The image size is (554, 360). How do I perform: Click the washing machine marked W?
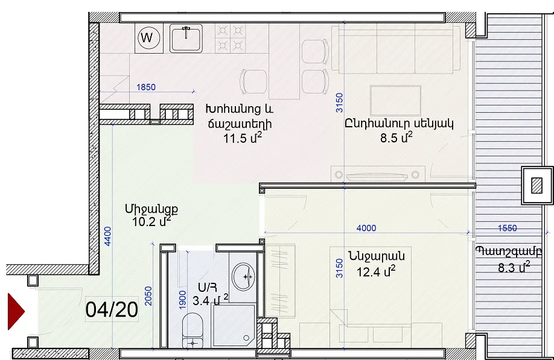click(149, 38)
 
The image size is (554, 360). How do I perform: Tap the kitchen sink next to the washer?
click(186, 38)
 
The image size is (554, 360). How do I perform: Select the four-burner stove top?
click(231, 39)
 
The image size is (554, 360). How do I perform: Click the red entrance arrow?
click(16, 312)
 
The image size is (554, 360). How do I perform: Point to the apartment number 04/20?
click(112, 309)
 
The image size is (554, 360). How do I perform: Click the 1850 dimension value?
click(146, 87)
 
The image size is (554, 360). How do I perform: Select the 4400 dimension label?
click(107, 236)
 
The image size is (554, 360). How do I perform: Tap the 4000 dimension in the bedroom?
click(366, 228)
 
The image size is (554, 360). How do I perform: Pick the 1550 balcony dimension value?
click(508, 228)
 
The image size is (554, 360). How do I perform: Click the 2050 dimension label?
click(148, 296)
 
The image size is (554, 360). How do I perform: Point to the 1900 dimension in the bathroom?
click(182, 300)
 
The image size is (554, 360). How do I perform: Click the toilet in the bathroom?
click(193, 330)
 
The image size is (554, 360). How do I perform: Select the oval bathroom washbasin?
click(243, 276)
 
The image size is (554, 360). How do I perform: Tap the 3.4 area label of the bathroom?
click(210, 300)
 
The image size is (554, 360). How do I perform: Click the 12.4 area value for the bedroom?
click(375, 272)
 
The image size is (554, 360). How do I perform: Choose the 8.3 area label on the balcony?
click(514, 268)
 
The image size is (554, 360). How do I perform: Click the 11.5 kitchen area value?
click(243, 138)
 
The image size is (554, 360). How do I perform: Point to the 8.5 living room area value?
click(396, 137)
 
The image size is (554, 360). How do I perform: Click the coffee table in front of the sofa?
click(396, 100)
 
